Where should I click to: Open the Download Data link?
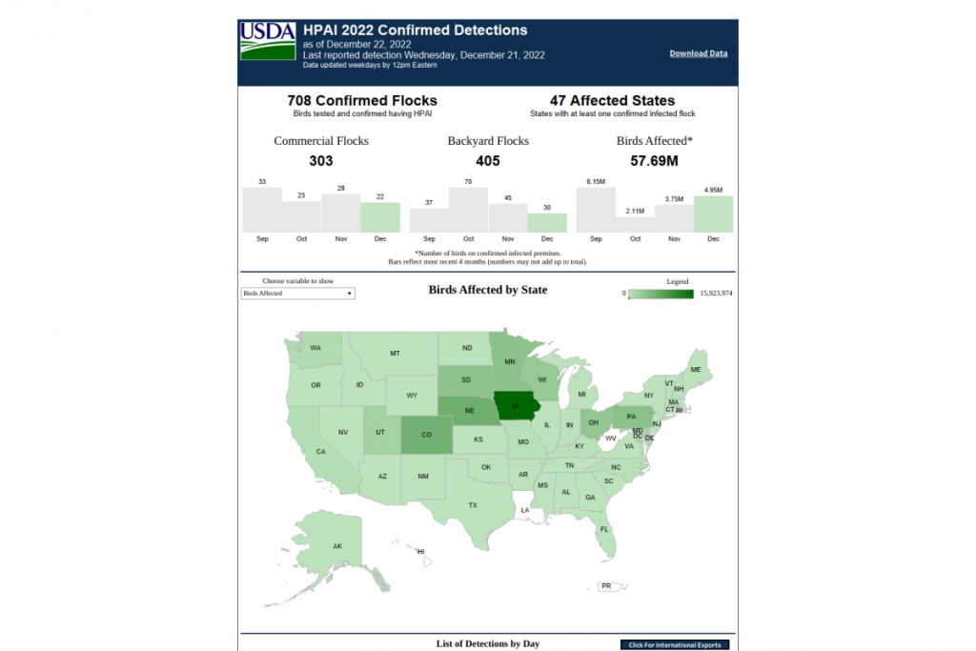[x=698, y=53]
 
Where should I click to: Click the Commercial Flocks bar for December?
[x=380, y=217]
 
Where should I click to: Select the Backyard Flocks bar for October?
[x=468, y=210]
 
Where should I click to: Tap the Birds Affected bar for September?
[x=596, y=210]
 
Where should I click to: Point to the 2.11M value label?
[x=635, y=211]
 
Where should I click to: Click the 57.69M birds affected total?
[x=655, y=161]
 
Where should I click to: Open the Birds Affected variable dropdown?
[x=297, y=294]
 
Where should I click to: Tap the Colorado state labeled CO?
[x=425, y=436]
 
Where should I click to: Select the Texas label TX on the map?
[x=473, y=504]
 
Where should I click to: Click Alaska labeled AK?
[x=337, y=546]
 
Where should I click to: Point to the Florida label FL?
[x=604, y=529]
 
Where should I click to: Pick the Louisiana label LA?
[x=524, y=510]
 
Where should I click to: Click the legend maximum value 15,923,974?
[x=716, y=294]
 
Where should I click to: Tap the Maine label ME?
[x=696, y=370]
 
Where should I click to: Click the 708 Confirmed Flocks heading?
[x=362, y=100]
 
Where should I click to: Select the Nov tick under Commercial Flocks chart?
[x=341, y=238]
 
